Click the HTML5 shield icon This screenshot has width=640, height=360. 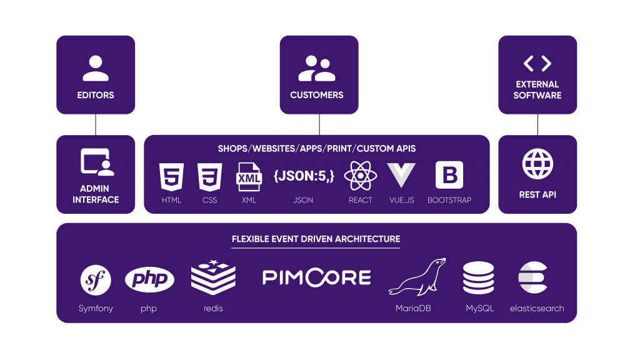point(171,177)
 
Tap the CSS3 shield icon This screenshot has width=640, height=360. point(209,177)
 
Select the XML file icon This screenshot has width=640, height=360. point(249,177)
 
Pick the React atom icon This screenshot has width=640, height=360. point(361,176)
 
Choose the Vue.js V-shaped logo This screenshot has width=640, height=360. point(401,176)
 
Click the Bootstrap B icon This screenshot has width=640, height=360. point(449,176)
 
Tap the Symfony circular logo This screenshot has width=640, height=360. point(96,279)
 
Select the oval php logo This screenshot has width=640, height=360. point(149,279)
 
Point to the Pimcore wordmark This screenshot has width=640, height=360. point(316,277)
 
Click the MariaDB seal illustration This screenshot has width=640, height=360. point(417,277)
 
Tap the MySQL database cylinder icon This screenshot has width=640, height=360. point(479,279)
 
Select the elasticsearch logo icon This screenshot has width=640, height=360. point(533,279)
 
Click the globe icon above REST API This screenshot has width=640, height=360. point(537,164)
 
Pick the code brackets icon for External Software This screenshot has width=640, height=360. point(537,63)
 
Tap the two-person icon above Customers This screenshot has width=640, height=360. point(317,69)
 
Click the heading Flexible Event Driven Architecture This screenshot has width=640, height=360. point(316,239)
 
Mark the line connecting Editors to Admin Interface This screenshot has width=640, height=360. point(96,124)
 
